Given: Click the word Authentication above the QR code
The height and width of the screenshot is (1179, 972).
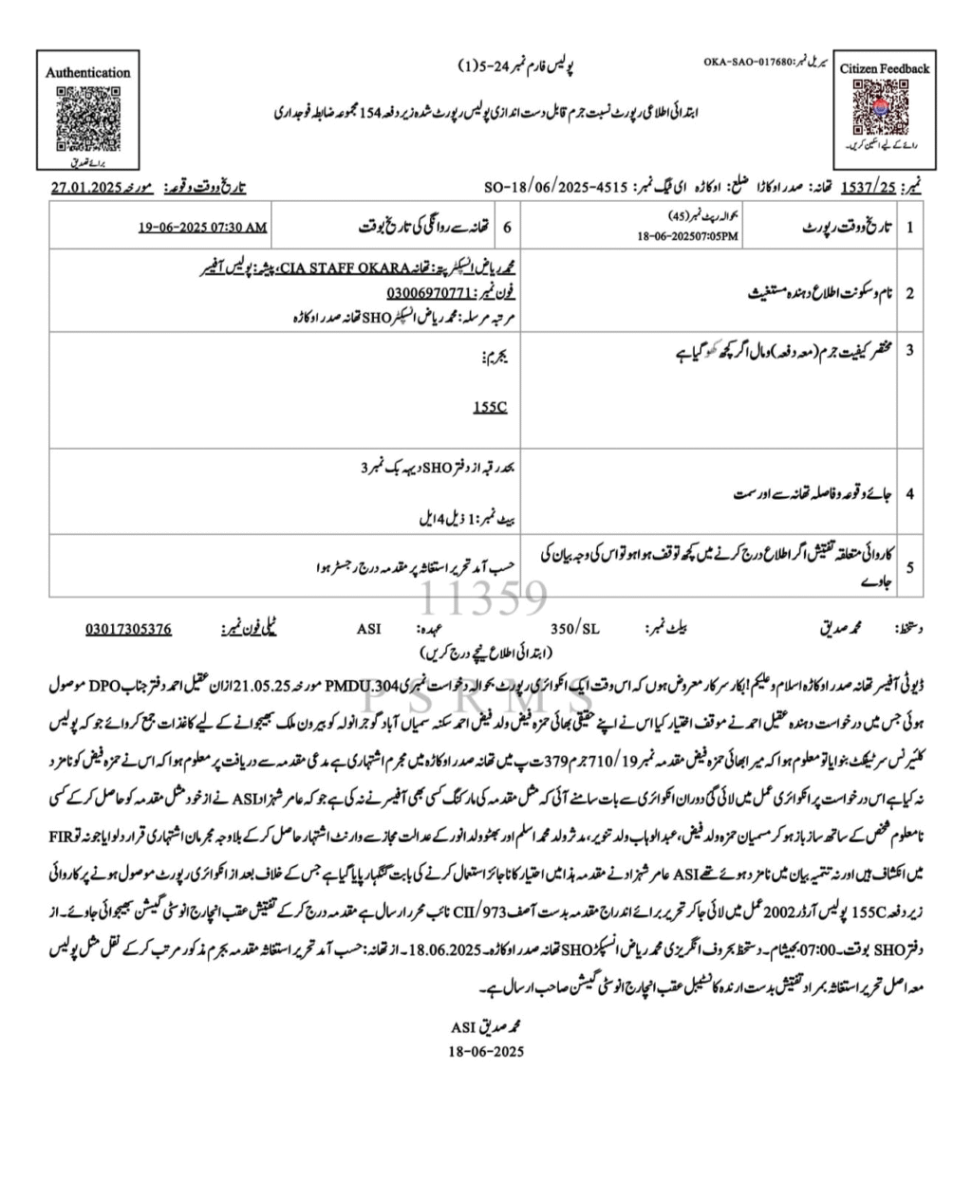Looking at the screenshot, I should pos(87,72).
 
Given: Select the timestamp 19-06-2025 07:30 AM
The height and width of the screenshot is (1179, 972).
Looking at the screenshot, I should pos(202,228).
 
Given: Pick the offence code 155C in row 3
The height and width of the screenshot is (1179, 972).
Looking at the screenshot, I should pos(490,407).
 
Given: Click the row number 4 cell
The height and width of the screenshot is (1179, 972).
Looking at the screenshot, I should pos(909,494).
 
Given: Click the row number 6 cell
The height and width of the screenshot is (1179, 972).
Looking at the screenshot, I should pos(506,228).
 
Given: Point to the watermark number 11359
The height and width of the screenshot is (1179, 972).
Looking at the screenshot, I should pos(485,599).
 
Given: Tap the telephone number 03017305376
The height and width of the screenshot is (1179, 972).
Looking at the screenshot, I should pos(128,628).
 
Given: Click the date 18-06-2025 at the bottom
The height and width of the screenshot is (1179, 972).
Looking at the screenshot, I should pos(485,1051).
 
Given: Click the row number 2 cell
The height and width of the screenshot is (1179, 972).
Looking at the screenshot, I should pos(909,293).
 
